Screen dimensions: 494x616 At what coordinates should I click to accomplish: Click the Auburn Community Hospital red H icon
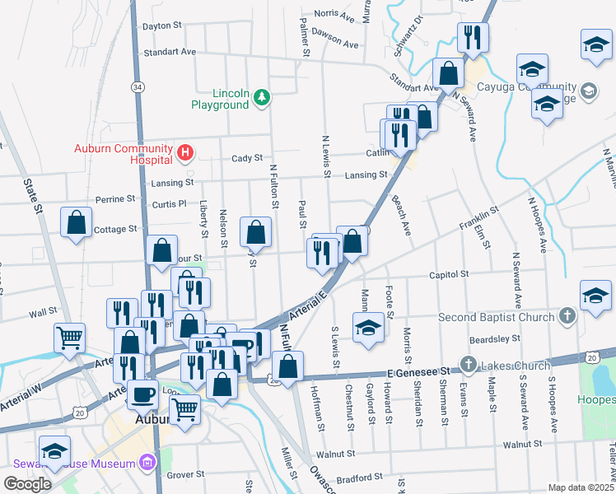(x=185, y=153)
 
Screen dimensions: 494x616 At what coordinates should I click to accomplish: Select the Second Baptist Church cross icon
(x=566, y=315)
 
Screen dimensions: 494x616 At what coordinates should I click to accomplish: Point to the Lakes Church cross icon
(x=467, y=363)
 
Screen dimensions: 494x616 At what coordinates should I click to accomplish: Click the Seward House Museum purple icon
(x=148, y=464)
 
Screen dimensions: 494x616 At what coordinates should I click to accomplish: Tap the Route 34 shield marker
(x=137, y=86)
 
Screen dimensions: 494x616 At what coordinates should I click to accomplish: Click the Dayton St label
(x=161, y=26)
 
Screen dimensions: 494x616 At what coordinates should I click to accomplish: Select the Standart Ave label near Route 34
(x=170, y=52)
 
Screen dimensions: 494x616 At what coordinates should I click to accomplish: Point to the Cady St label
(x=246, y=158)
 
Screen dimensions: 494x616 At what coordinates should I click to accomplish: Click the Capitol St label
(x=449, y=274)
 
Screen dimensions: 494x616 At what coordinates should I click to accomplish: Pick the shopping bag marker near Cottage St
(x=76, y=224)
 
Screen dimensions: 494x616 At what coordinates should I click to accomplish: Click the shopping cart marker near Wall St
(x=69, y=337)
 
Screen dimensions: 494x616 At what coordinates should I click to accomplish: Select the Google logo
(x=27, y=484)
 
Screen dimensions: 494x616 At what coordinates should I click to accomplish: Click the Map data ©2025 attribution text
(x=581, y=487)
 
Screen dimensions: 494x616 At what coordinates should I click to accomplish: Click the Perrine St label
(x=115, y=199)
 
